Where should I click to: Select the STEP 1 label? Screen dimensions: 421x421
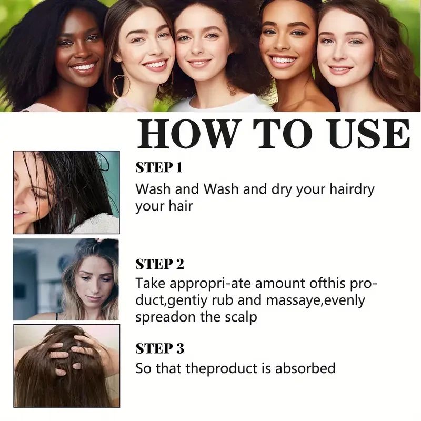(159, 168)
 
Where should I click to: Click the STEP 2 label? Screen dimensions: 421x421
(160, 264)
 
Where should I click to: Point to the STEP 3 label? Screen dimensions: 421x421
(160, 348)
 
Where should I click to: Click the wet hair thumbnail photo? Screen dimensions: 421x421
(66, 192)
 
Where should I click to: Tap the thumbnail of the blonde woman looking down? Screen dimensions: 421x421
(66, 279)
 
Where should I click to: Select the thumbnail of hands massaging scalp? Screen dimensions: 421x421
(66, 366)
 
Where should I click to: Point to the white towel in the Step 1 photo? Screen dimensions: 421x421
(97, 224)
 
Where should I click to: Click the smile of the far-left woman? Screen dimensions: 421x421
(84, 68)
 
